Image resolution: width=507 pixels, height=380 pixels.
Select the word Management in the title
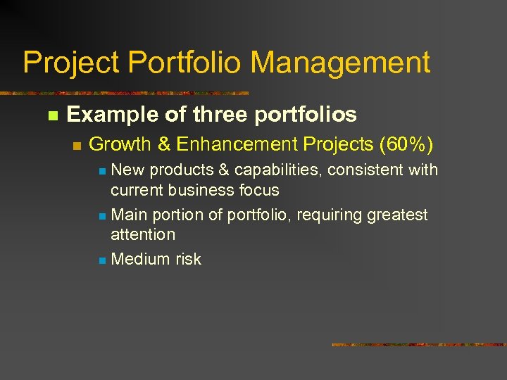(340, 63)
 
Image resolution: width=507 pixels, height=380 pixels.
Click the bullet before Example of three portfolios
(51, 115)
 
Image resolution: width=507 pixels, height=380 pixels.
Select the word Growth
(120, 145)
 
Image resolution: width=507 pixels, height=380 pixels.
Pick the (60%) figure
(406, 145)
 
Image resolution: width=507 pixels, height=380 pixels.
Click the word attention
(143, 234)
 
